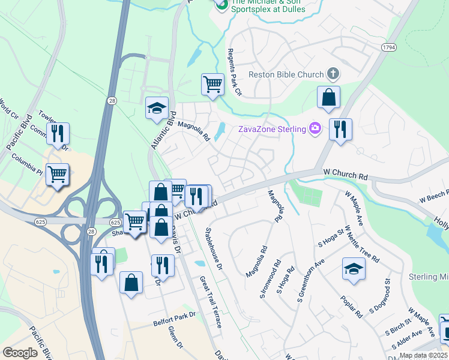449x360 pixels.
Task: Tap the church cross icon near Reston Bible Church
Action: pyautogui.click(x=334, y=74)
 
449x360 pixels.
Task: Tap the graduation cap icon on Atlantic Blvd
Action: pyautogui.click(x=157, y=108)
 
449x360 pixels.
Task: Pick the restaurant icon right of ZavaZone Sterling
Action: pyautogui.click(x=340, y=129)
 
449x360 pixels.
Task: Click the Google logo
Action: pyautogui.click(x=20, y=352)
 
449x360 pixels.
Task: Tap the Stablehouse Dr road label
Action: pyautogui.click(x=214, y=248)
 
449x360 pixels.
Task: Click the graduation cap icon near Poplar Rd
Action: pyautogui.click(x=354, y=269)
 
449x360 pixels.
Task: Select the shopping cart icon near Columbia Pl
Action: pyautogui.click(x=58, y=175)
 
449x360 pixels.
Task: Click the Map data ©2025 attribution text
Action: pyautogui.click(x=423, y=355)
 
